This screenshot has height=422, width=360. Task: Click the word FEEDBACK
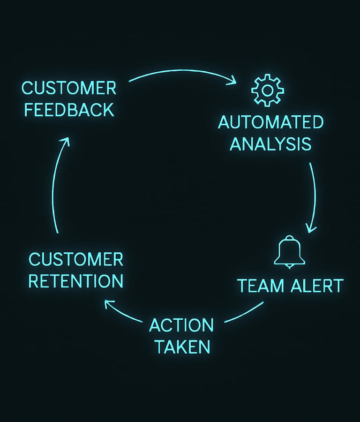click(x=69, y=110)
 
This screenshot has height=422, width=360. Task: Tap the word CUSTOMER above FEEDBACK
click(x=69, y=88)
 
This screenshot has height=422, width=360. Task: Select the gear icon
click(x=268, y=90)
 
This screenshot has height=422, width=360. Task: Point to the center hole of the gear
click(x=268, y=90)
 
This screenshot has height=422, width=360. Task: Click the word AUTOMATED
click(x=270, y=122)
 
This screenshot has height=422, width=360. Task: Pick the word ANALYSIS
click(x=270, y=144)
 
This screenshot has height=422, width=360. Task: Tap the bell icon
click(x=289, y=252)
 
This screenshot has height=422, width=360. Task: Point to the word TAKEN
click(x=182, y=347)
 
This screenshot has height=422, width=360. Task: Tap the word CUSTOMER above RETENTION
click(x=76, y=259)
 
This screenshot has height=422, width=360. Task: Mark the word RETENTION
click(x=76, y=281)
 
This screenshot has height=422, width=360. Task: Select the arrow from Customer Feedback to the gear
click(x=183, y=71)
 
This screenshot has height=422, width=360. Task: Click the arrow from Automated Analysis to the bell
click(x=313, y=197)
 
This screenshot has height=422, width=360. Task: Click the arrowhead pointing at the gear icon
click(x=232, y=82)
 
